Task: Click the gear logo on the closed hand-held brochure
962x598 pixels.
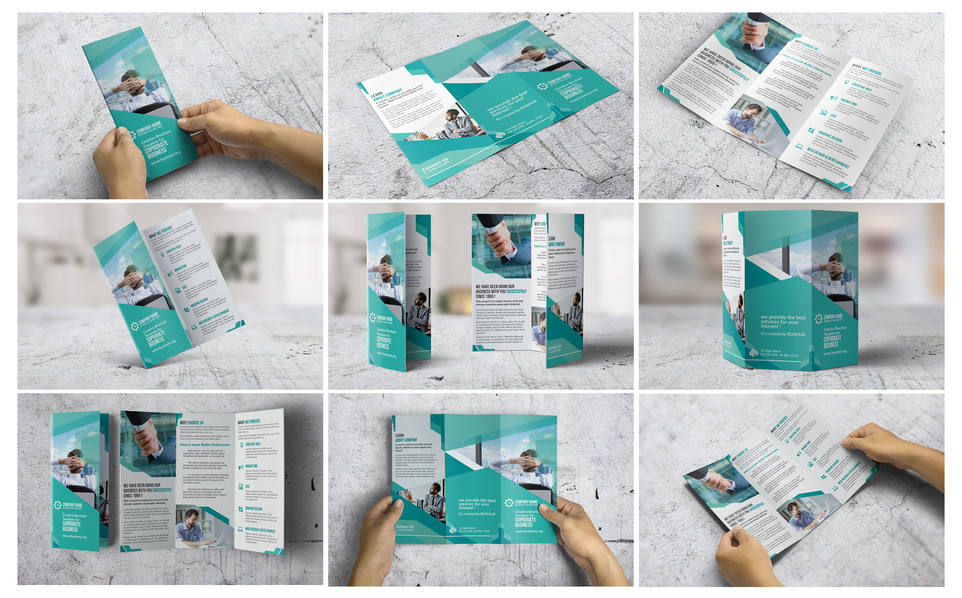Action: (132, 134)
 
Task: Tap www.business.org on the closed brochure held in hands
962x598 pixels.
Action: (166, 158)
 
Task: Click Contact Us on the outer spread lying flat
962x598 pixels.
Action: (435, 164)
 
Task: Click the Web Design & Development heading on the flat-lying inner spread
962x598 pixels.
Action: (827, 156)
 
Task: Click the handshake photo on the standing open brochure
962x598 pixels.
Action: (501, 244)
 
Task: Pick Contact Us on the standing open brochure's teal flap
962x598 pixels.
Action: (554, 347)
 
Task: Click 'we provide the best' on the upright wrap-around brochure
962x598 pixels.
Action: (783, 317)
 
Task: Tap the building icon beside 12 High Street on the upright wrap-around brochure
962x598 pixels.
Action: (754, 353)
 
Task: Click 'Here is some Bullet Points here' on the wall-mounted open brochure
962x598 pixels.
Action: (204, 445)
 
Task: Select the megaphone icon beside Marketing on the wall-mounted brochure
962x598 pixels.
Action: (241, 466)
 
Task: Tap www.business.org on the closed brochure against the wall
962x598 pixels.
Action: (75, 536)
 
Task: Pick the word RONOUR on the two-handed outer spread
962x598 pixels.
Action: (487, 514)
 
